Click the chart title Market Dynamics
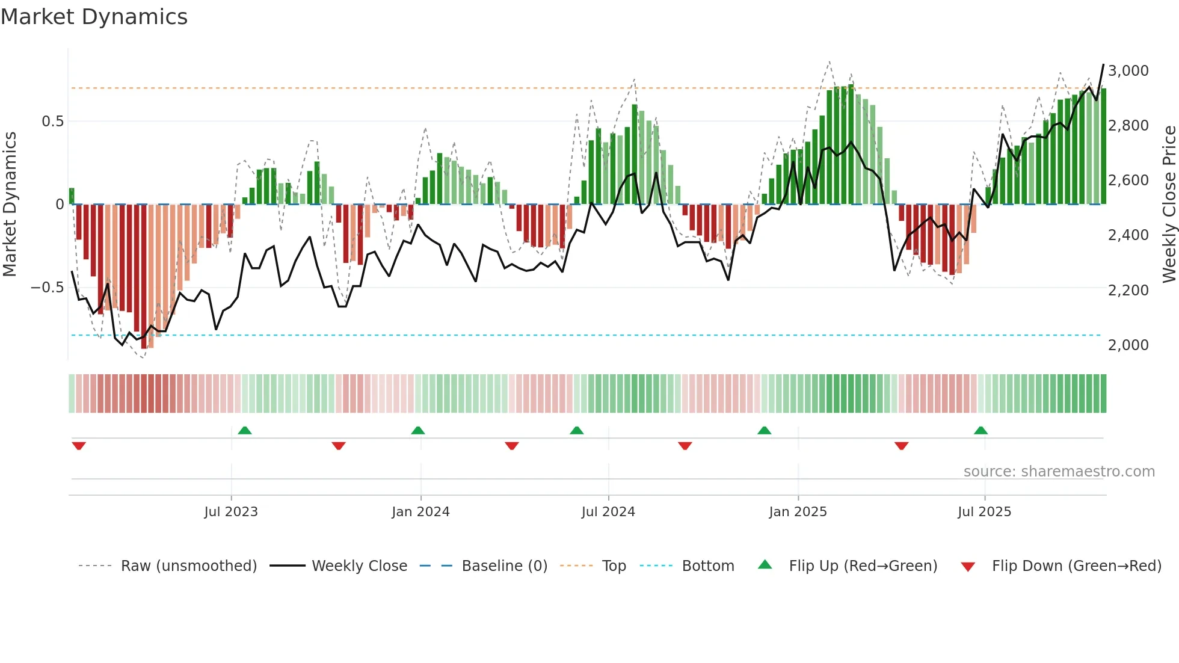coord(94,17)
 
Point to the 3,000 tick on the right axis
coord(1128,71)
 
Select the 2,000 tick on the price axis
coord(1128,345)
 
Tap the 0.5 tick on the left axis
coord(52,122)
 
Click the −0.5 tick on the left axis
coord(47,288)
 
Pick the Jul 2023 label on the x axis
coord(231,512)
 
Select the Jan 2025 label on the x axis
coord(798,512)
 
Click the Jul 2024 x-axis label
coord(608,512)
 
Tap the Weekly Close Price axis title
coord(1169,204)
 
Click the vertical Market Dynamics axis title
coord(10,204)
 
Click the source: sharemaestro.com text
coord(1059,472)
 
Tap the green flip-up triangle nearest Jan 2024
coord(418,431)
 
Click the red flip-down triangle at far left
coord(79,446)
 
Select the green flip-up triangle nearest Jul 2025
coord(980,431)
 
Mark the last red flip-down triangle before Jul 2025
coord(901,446)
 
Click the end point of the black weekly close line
coord(1103,64)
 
